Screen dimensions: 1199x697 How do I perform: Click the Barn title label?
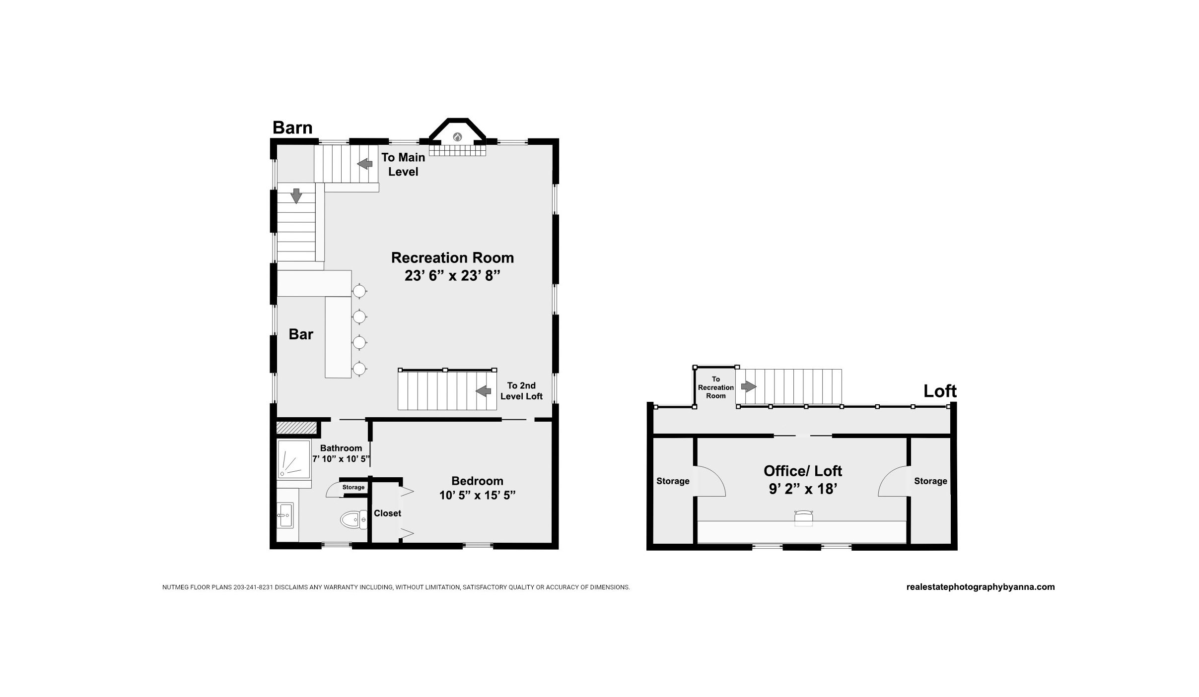[292, 127]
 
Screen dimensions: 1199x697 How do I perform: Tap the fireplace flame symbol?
[457, 137]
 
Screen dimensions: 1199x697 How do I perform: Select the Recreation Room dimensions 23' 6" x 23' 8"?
[452, 276]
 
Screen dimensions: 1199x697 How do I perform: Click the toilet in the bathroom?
[353, 519]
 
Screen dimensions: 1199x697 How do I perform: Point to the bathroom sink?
[285, 515]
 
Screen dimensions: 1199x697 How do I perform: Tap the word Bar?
[301, 334]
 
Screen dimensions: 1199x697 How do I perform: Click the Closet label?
[387, 513]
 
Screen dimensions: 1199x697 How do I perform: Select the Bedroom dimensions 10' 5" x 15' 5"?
[477, 495]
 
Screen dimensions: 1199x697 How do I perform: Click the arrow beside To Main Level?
[365, 163]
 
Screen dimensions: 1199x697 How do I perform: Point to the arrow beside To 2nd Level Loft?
[483, 391]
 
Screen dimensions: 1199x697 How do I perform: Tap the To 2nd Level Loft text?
[521, 391]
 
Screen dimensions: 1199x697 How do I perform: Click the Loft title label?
[940, 391]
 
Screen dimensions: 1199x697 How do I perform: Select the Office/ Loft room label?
[803, 471]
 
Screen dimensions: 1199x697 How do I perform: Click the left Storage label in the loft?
[673, 481]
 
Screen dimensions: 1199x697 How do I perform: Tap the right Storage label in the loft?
[930, 481]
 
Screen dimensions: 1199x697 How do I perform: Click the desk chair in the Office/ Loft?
[803, 518]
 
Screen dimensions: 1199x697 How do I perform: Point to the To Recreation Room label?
[716, 387]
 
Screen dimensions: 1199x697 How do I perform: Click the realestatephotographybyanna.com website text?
[981, 587]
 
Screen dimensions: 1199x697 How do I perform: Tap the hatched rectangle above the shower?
[296, 427]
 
